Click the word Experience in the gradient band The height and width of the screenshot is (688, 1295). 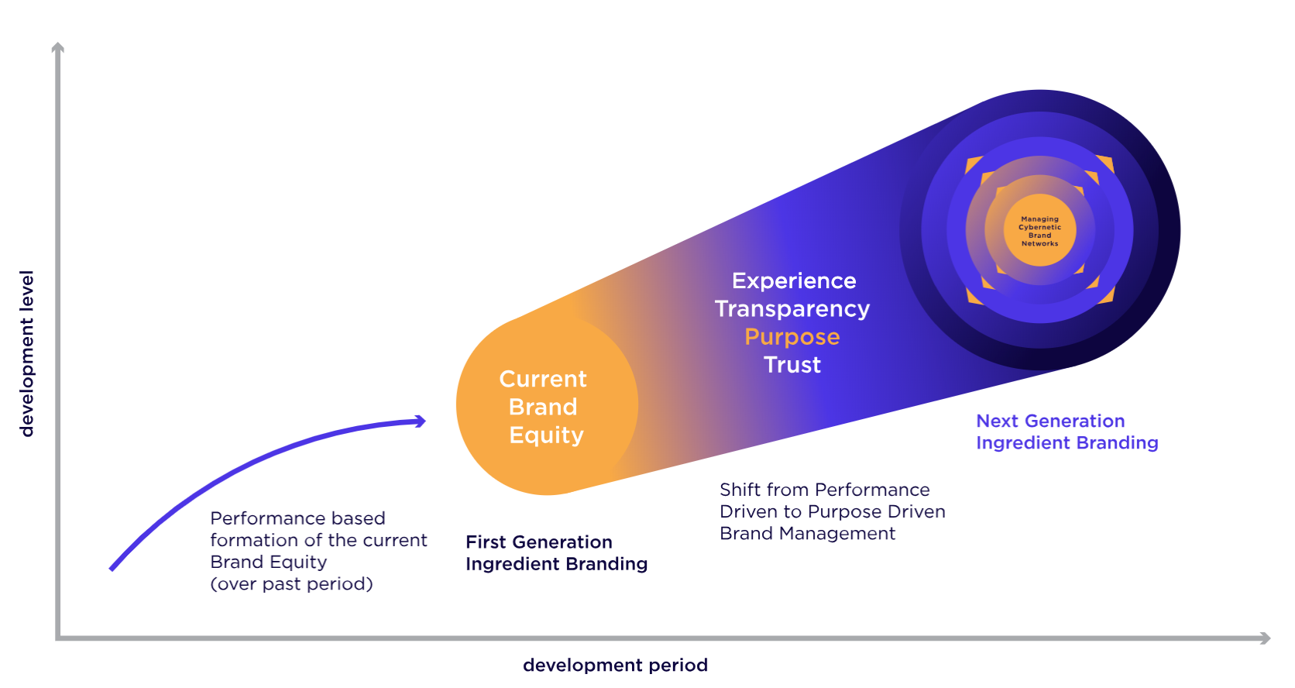(x=794, y=280)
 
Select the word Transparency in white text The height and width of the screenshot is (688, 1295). (x=792, y=309)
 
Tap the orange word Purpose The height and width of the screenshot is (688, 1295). (x=792, y=337)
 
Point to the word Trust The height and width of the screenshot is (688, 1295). (x=792, y=365)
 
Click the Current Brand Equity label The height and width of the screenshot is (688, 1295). (x=544, y=407)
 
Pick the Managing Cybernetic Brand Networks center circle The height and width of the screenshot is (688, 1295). (x=1039, y=231)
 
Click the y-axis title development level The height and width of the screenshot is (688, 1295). (x=27, y=353)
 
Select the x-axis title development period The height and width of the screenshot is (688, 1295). (x=615, y=665)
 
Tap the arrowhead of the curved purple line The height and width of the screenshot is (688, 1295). (x=421, y=421)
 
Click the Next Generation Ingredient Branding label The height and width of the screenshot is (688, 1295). (x=1067, y=432)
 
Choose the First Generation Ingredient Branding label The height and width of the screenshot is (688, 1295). (x=556, y=553)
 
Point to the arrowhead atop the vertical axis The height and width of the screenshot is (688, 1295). (x=57, y=48)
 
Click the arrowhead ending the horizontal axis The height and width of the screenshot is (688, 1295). (x=1265, y=638)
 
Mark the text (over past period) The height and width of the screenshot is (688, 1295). (x=291, y=583)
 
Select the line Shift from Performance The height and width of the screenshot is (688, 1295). (x=824, y=490)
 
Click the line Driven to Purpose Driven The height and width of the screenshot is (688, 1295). (x=832, y=511)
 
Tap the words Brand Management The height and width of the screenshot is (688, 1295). (x=807, y=533)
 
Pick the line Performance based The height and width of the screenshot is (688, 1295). (x=297, y=518)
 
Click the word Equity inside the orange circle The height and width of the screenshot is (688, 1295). (x=546, y=435)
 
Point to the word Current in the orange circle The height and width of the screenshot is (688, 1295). (x=543, y=379)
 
